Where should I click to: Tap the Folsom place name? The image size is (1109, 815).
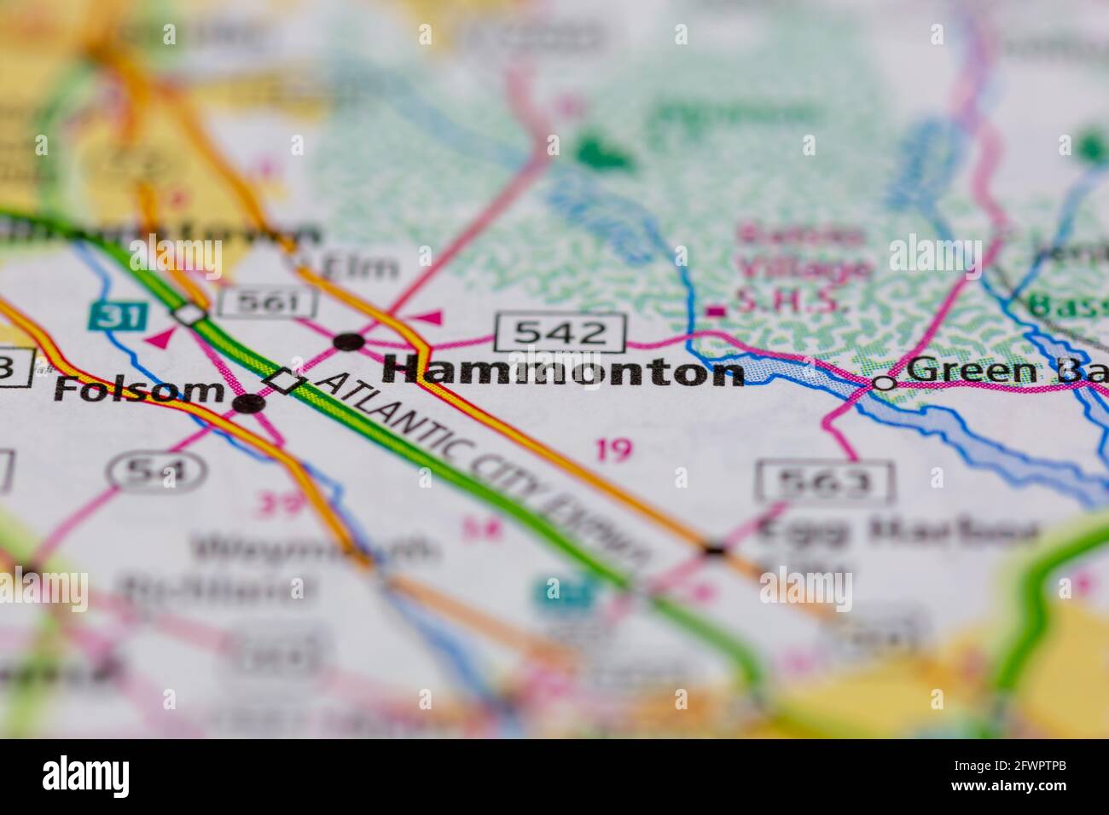(x=138, y=389)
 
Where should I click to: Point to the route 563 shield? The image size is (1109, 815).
(x=823, y=483)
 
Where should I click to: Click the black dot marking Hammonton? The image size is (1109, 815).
(x=349, y=342)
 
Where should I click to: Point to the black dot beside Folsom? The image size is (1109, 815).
(x=248, y=403)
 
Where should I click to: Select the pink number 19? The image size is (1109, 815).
(x=613, y=449)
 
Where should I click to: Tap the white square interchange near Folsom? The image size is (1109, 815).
(x=285, y=381)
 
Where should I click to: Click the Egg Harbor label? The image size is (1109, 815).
(x=896, y=530)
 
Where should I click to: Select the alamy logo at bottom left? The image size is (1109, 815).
(x=86, y=777)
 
